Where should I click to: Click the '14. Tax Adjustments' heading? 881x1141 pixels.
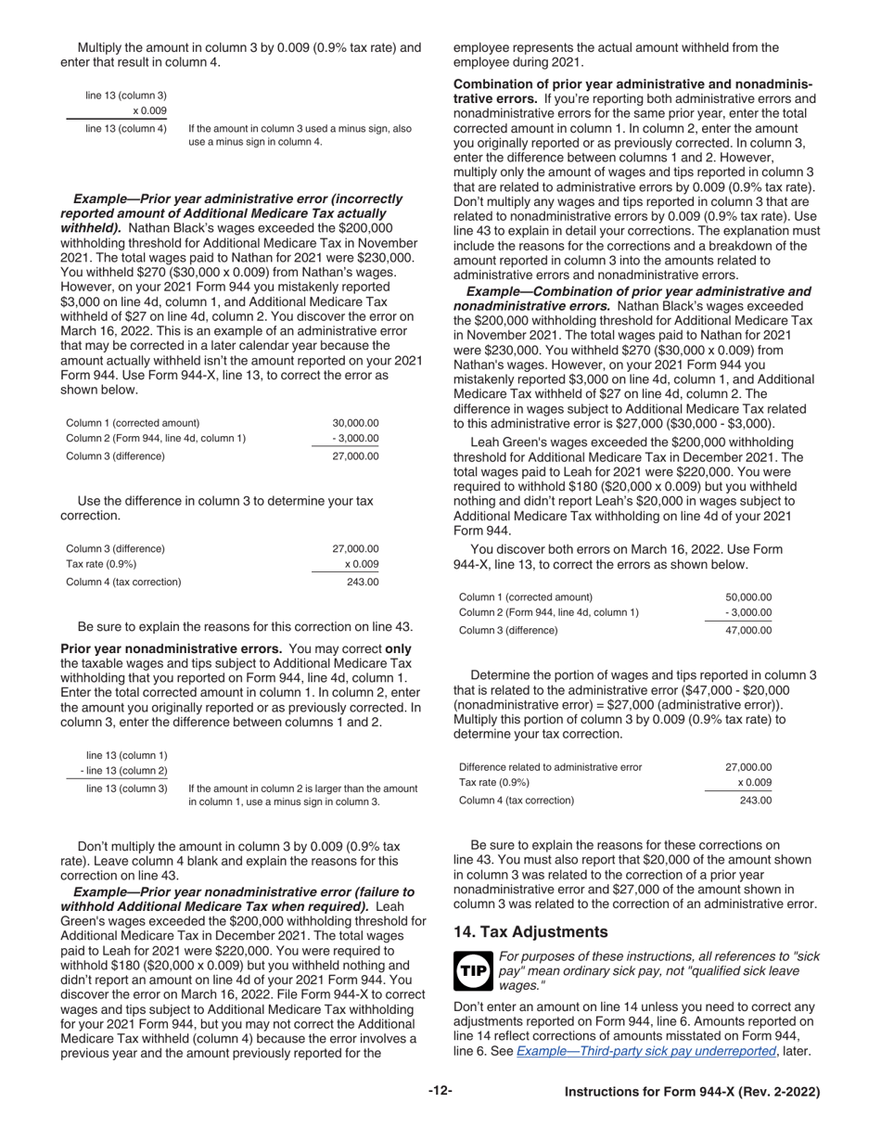coord(530,931)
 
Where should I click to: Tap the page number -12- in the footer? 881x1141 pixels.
coord(440,1091)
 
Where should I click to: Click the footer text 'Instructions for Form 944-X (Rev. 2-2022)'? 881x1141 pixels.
coord(692,1092)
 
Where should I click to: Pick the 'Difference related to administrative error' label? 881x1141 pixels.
coord(550,766)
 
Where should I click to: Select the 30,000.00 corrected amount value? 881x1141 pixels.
coord(355,422)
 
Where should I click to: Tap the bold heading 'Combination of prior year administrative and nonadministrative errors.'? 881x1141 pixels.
coord(632,83)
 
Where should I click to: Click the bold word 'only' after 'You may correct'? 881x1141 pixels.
coord(398,648)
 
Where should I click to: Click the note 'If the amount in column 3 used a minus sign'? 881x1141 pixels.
coord(300,128)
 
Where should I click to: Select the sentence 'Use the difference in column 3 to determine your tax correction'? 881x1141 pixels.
coord(224,501)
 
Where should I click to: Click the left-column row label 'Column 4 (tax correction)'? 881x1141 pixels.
coord(123,582)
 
